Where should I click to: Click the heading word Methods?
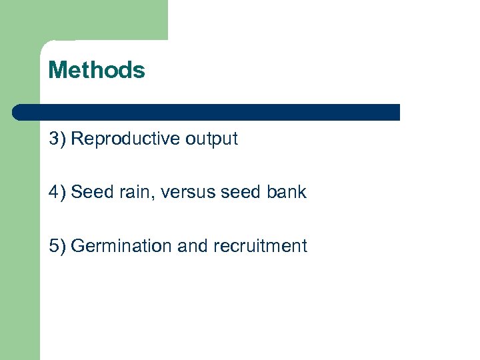tap(97, 70)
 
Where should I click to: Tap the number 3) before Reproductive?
tap(57, 139)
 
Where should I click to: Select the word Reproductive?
tap(125, 139)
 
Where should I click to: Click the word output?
tap(211, 139)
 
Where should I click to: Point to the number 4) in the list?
tap(57, 192)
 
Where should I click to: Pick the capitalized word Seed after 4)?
tap(91, 192)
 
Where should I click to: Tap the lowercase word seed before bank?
tap(241, 192)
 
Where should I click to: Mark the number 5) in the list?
tap(57, 246)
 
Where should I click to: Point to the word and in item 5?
tap(193, 246)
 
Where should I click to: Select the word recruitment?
tap(260, 246)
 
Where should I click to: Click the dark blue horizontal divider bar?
tap(207, 112)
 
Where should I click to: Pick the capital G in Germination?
tap(77, 246)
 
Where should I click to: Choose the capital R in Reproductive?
tap(77, 139)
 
